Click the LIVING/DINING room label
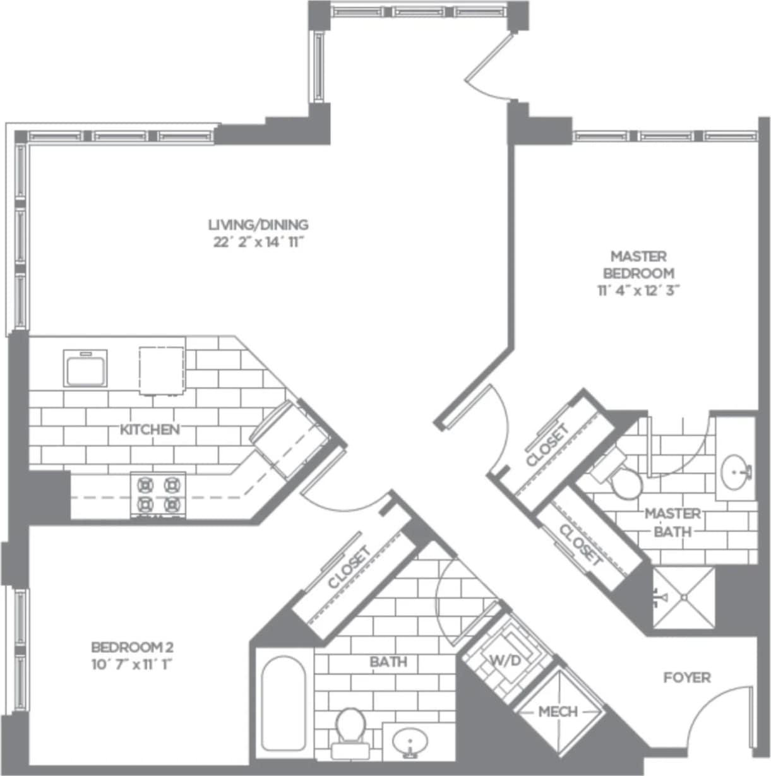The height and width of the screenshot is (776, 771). [258, 224]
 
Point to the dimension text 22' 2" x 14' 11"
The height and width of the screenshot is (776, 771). [258, 242]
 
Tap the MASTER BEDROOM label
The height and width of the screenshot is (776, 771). [638, 265]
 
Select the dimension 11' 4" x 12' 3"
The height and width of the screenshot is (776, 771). [638, 290]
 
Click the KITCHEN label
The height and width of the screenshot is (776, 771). [150, 430]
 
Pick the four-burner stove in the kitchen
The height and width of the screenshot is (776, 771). [158, 495]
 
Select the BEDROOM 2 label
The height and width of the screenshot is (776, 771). [132, 647]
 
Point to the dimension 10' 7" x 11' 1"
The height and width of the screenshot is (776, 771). [132, 664]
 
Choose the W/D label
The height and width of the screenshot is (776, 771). [505, 661]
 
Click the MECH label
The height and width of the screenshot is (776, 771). [558, 712]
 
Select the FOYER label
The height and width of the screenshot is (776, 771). [686, 678]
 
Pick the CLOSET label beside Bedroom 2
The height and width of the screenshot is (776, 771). [349, 568]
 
